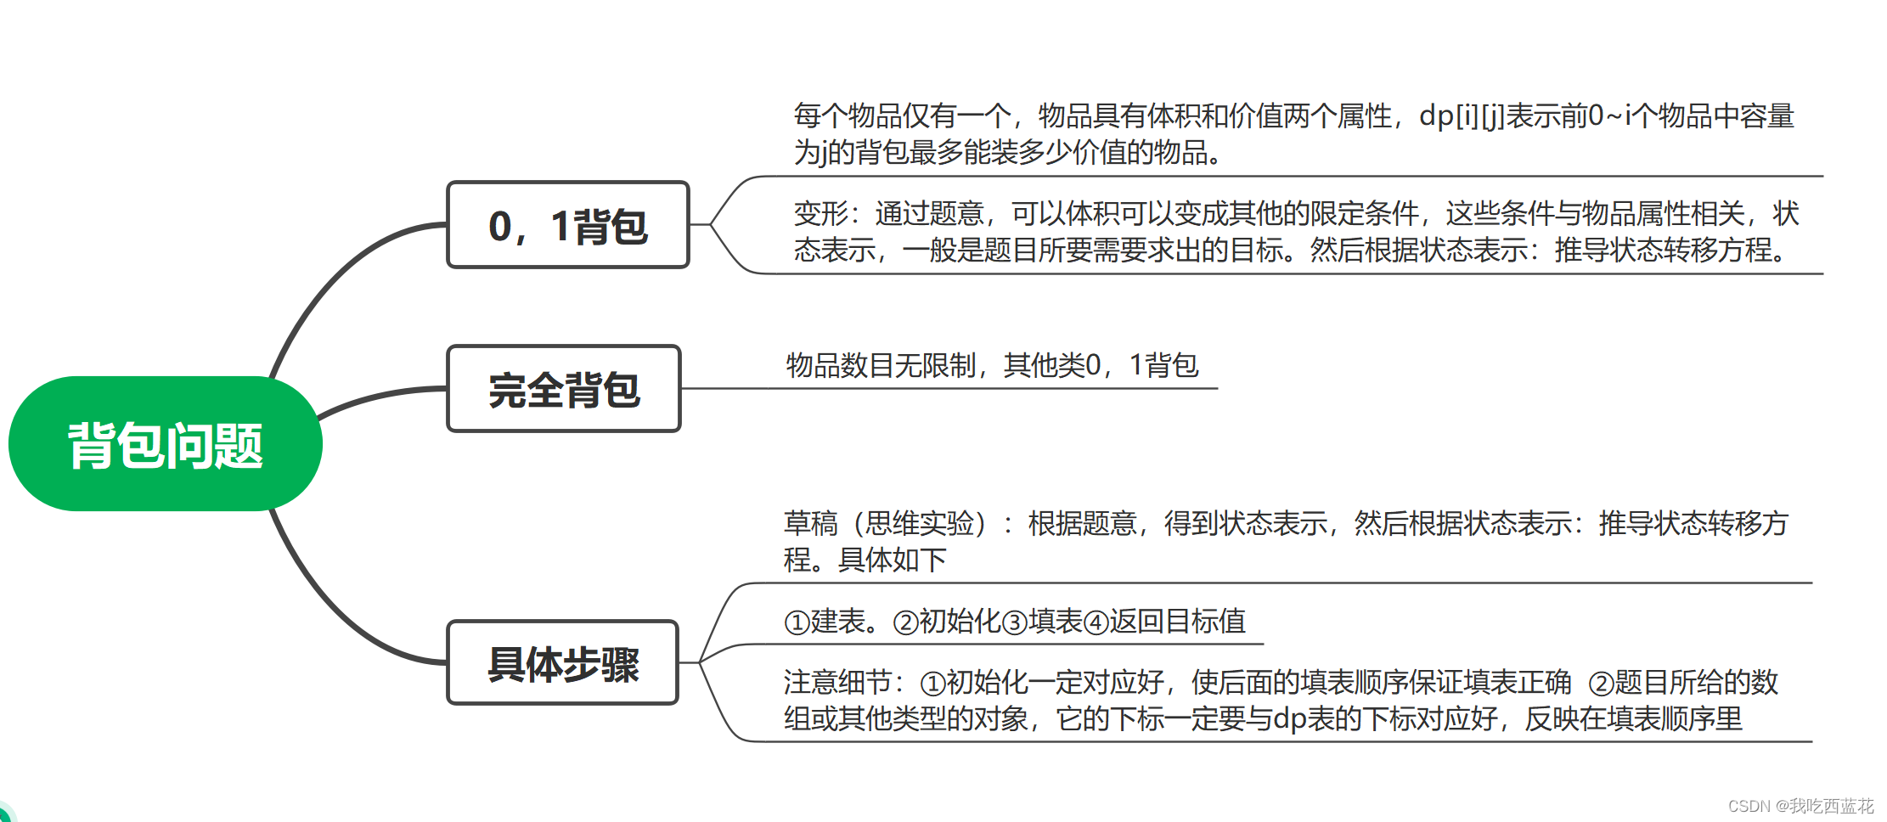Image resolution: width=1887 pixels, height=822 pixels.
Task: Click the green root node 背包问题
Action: coord(166,443)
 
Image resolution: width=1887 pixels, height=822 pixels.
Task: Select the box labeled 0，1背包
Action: coord(568,225)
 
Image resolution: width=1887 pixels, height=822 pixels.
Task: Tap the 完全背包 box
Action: coord(564,389)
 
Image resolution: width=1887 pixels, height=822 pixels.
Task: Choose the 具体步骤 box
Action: coord(563,662)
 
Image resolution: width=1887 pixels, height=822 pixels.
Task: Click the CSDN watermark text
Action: coord(1800,806)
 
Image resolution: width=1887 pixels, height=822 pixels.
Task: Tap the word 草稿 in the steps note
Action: coord(810,523)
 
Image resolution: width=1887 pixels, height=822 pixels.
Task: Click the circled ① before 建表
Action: coord(797,622)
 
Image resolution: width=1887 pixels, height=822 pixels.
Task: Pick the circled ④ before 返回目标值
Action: coord(1096,622)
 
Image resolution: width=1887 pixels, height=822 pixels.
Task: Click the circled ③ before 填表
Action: coord(1015,622)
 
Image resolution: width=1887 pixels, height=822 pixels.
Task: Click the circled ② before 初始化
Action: coord(906,622)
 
